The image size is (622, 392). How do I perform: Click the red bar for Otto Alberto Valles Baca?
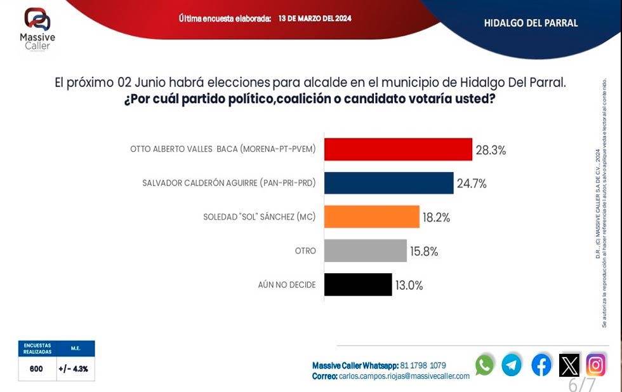(398, 149)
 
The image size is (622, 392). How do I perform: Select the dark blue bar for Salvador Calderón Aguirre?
(388, 183)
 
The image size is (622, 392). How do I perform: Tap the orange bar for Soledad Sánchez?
(371, 217)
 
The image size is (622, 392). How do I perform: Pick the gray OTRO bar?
(365, 250)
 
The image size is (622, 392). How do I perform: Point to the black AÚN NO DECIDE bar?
(357, 285)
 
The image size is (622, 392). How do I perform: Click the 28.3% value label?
(491, 150)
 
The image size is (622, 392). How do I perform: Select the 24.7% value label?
(472, 184)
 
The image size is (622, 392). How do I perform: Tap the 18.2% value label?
(436, 217)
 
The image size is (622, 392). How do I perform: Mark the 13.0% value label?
(409, 285)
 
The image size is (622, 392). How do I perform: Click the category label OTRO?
(305, 251)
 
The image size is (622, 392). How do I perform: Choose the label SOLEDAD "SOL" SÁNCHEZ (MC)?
(259, 217)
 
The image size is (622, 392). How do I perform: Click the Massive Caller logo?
(37, 29)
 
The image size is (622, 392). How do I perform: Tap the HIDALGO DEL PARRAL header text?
(531, 23)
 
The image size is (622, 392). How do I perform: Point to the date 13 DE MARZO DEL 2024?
(315, 18)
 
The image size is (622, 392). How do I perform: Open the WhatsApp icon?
(485, 365)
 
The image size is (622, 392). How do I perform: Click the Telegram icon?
(512, 365)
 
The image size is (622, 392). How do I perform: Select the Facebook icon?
(541, 365)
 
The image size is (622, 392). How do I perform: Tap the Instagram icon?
(595, 365)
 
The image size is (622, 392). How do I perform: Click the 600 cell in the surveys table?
(36, 368)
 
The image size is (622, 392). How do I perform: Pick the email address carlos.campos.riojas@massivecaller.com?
(404, 376)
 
